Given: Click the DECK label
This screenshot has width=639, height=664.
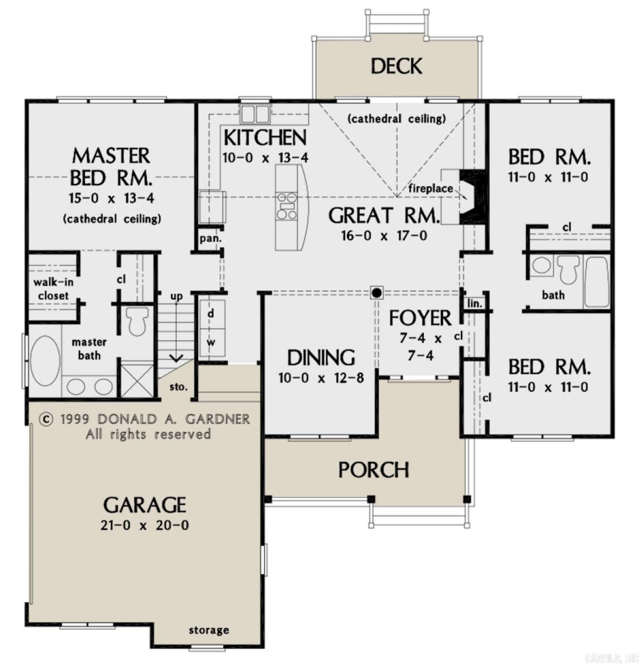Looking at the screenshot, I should pos(396,66).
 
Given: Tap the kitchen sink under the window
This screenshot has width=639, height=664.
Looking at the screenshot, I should pos(255,114).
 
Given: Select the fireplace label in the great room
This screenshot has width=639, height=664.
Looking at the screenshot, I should pos(430,188).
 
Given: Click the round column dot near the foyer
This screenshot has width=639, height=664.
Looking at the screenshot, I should pos(376,292).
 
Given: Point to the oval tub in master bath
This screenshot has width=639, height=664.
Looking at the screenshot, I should pos(45,360).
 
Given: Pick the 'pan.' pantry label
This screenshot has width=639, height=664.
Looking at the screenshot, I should pos(210,239).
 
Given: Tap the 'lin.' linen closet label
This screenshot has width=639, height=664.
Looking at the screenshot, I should pos(474,304).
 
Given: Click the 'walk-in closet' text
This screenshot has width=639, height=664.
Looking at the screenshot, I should pos(53,289).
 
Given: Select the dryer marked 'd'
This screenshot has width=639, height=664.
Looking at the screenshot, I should pos(211,314).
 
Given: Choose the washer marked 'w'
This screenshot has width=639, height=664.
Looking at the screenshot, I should pos(211,342).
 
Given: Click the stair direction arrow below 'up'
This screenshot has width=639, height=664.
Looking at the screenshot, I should pos(176,357).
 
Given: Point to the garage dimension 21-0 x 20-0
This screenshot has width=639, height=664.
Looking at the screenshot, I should pos(144,525).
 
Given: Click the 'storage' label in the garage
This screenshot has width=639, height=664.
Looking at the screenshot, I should pos(209,630).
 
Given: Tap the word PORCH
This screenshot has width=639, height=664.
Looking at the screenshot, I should pos(374,470).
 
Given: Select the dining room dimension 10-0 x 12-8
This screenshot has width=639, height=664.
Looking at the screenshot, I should pos(321,378).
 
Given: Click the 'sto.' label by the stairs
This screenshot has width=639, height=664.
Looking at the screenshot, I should pos(178,387).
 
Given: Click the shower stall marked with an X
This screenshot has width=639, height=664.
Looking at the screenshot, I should pos(138,379).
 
